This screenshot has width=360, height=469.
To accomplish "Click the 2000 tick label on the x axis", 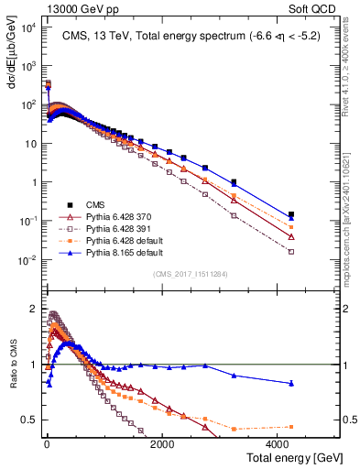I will point(161,443).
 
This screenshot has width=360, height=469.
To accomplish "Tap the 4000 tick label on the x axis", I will point(278,443).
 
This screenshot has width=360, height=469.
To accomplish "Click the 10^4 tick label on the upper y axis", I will point(27,27).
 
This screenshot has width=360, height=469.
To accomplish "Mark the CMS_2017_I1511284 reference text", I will point(191,273).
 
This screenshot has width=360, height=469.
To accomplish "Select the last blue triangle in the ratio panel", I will point(291,383).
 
